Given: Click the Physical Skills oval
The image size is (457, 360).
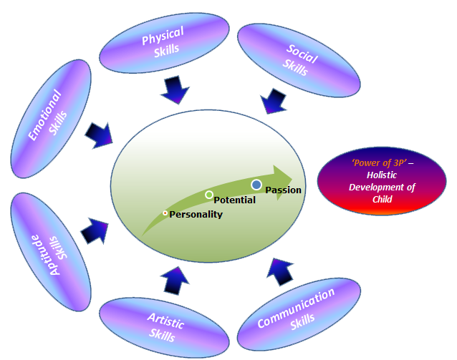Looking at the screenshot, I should pyautogui.click(x=163, y=43).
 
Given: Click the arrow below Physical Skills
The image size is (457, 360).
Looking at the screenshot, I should pyautogui.click(x=175, y=89).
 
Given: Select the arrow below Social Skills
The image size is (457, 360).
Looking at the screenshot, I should pyautogui.click(x=275, y=100).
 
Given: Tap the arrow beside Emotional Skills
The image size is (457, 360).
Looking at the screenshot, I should pyautogui.click(x=100, y=134).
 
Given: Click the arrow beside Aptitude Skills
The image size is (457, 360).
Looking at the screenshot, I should pyautogui.click(x=95, y=231).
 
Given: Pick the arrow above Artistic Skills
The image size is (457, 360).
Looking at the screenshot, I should pyautogui.click(x=175, y=280).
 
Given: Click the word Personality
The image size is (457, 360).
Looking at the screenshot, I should pyautogui.click(x=196, y=214).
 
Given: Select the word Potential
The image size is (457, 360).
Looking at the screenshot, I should pyautogui.click(x=234, y=200).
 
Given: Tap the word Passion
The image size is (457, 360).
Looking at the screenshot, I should pyautogui.click(x=283, y=190).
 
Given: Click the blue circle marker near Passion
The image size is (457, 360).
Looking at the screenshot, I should pyautogui.click(x=256, y=185).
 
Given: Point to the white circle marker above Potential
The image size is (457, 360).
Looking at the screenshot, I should pyautogui.click(x=209, y=195).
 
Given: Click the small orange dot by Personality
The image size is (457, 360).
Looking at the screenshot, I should pyautogui.click(x=165, y=213).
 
